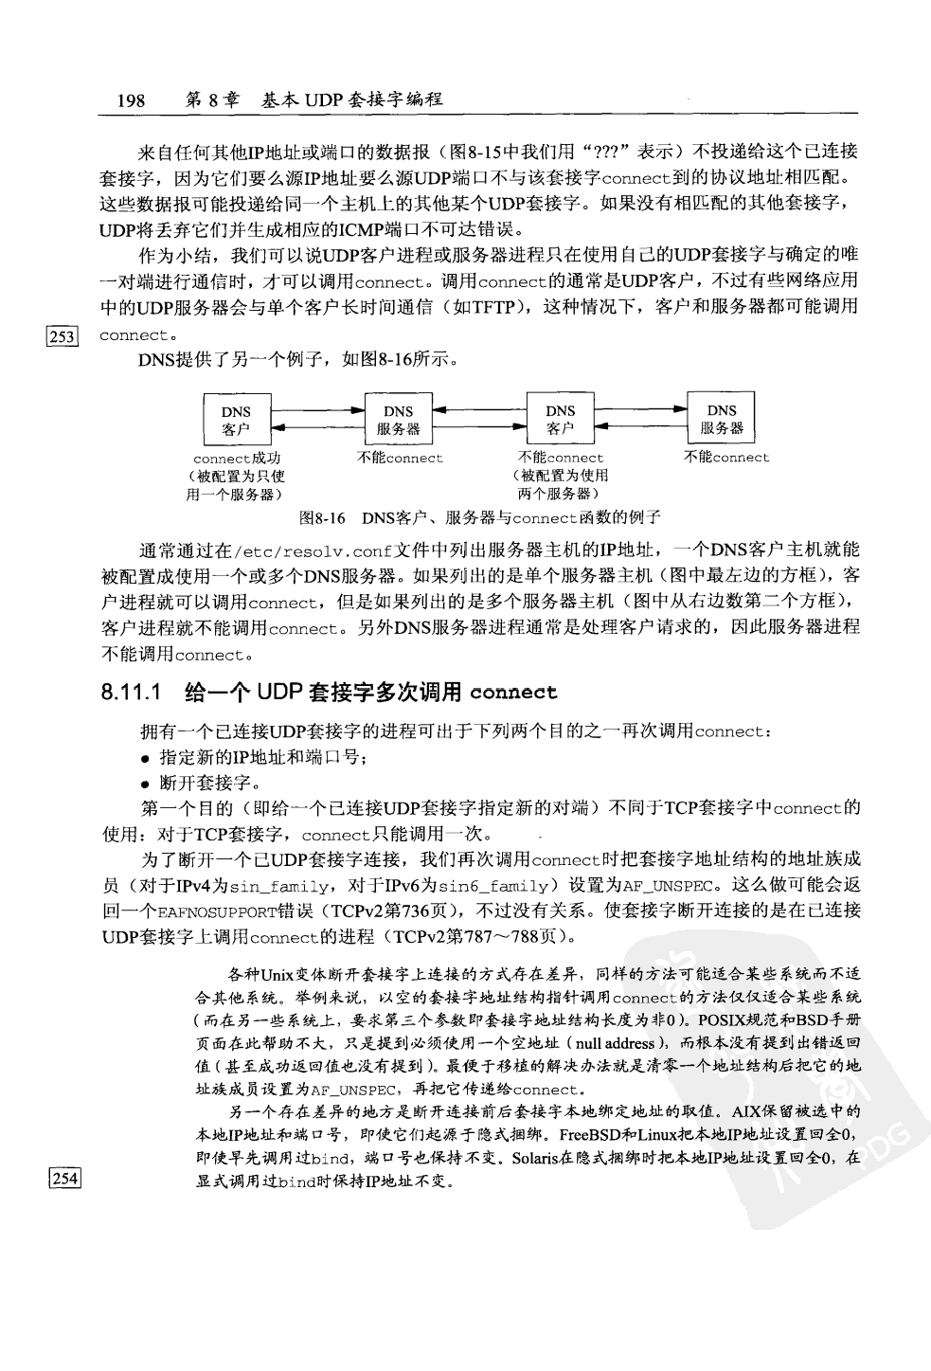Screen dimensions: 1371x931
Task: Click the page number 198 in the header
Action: coord(130,99)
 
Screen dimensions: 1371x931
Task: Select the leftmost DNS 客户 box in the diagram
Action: coord(236,420)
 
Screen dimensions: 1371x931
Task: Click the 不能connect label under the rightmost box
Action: coord(726,458)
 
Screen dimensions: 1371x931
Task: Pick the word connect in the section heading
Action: coord(512,692)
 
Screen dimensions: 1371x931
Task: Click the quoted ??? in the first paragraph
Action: coord(606,152)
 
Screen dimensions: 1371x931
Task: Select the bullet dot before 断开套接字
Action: coord(145,784)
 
